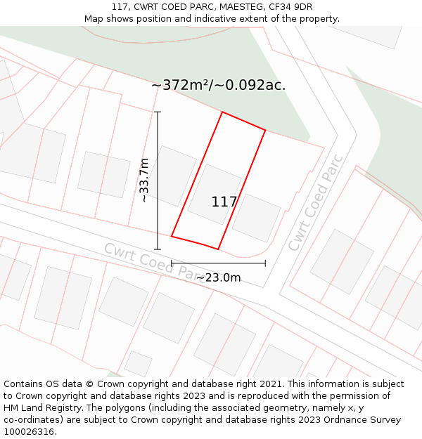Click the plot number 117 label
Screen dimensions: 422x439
pos(224,202)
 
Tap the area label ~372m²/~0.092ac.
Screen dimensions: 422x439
pos(218,86)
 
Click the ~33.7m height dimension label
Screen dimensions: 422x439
pos(144,181)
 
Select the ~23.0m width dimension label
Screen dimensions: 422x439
pos(218,278)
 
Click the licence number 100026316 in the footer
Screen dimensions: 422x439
pos(28,432)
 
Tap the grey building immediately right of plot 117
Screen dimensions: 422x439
pos(256,217)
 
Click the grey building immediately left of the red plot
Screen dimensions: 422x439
pos(170,175)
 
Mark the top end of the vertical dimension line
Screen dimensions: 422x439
pos(158,112)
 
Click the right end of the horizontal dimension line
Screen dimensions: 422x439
pos(265,263)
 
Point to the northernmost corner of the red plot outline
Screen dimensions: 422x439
pos(223,112)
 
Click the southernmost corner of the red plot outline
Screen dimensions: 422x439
pos(218,249)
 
